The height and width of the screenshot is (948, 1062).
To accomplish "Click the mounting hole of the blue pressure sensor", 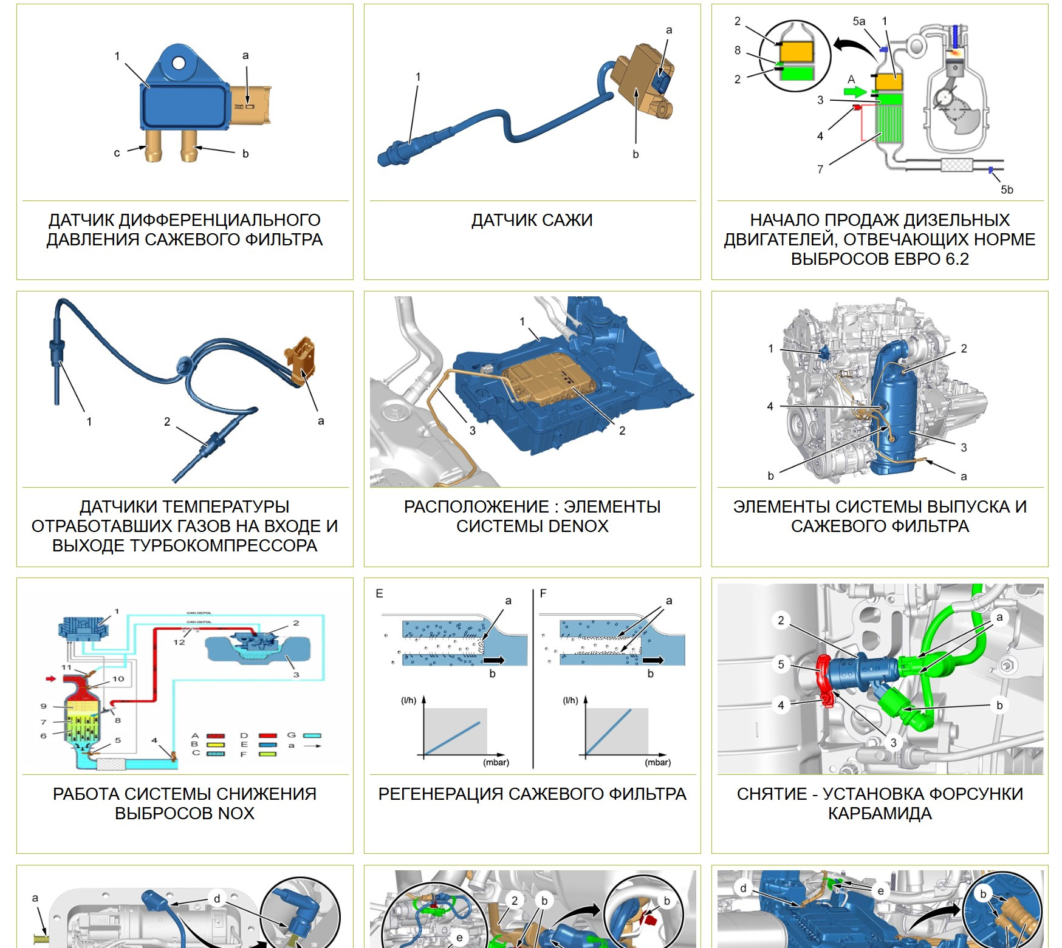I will tap(178, 63).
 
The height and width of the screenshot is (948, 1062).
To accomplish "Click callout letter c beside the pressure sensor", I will tap(117, 153).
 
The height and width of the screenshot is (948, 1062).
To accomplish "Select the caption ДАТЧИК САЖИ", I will tap(532, 220).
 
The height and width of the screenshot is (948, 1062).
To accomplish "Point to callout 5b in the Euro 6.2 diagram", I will tap(1007, 189).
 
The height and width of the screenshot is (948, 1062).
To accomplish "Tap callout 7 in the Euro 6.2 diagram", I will tap(820, 169).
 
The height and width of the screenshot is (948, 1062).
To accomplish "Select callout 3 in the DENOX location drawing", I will tap(472, 430).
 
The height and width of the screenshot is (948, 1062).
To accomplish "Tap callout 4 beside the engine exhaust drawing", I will tap(770, 406).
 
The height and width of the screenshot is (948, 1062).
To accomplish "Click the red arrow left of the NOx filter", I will tap(51, 678).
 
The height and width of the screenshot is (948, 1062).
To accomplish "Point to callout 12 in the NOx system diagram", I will tap(179, 641).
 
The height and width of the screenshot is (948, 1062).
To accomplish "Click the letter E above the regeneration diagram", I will tap(379, 593).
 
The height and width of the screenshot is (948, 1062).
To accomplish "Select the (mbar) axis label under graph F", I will tap(657, 762).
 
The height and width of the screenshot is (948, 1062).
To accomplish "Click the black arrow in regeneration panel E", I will tap(493, 660).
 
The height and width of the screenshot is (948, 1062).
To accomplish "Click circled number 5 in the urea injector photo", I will tap(781, 664).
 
